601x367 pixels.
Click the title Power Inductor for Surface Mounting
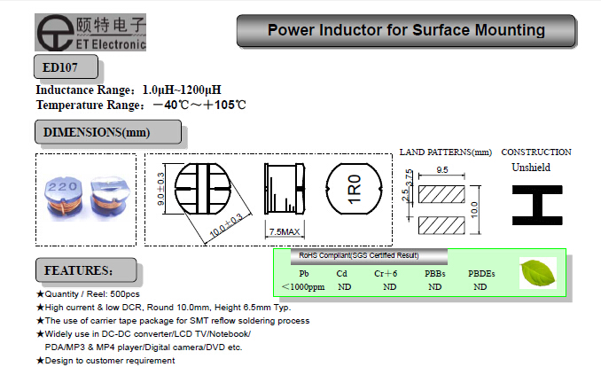click(406, 31)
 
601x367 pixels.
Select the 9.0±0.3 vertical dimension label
click(161, 190)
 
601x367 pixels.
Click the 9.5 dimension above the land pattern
click(441, 168)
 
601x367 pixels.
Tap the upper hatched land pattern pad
click(442, 191)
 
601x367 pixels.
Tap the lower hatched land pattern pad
click(442, 222)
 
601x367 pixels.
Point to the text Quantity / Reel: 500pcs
click(95, 293)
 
